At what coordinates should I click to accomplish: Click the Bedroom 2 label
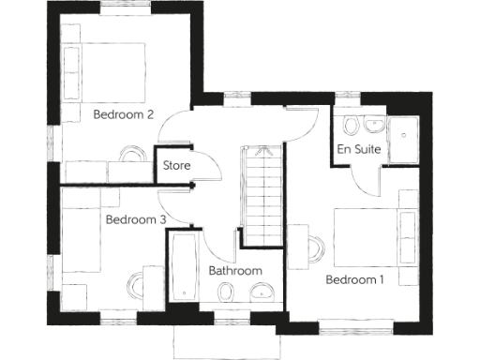124,115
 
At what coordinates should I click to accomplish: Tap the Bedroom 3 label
136,220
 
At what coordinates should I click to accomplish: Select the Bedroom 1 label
354,279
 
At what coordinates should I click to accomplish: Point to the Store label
176,166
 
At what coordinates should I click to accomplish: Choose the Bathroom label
235,271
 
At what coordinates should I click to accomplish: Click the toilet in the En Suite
352,127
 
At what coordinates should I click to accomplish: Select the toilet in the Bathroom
225,295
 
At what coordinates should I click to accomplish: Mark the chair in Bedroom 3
139,282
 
